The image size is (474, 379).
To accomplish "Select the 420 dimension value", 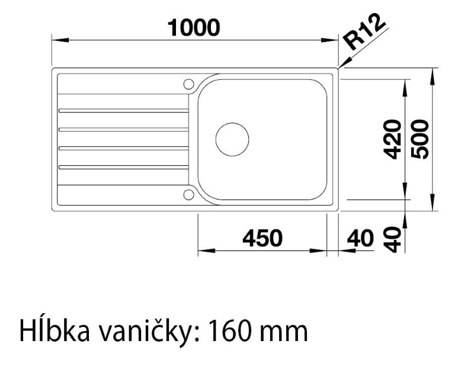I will tap(391, 140).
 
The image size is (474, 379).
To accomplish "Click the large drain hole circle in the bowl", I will tap(232, 140).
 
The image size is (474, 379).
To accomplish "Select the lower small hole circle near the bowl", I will tap(189, 194).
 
